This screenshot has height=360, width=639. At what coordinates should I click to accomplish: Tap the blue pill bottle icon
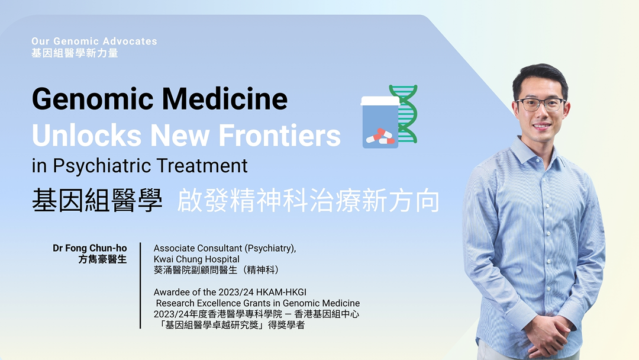(x=380, y=123)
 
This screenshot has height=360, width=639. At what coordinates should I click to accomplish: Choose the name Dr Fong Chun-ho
(x=89, y=248)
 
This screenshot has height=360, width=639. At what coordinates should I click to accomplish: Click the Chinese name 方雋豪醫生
(x=102, y=259)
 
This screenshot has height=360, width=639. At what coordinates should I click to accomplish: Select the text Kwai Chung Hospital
(x=196, y=259)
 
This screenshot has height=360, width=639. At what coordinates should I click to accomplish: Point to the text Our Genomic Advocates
(x=95, y=41)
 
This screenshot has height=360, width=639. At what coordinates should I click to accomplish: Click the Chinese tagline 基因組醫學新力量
(x=75, y=53)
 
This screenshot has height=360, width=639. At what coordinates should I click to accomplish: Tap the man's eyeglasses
(x=540, y=105)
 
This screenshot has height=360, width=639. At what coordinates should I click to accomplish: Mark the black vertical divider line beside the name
(x=140, y=285)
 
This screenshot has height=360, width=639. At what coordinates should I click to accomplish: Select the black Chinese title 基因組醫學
(x=97, y=202)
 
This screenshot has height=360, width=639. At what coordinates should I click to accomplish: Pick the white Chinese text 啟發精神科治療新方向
(x=308, y=202)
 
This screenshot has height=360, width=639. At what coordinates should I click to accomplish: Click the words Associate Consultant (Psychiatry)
(x=225, y=248)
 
